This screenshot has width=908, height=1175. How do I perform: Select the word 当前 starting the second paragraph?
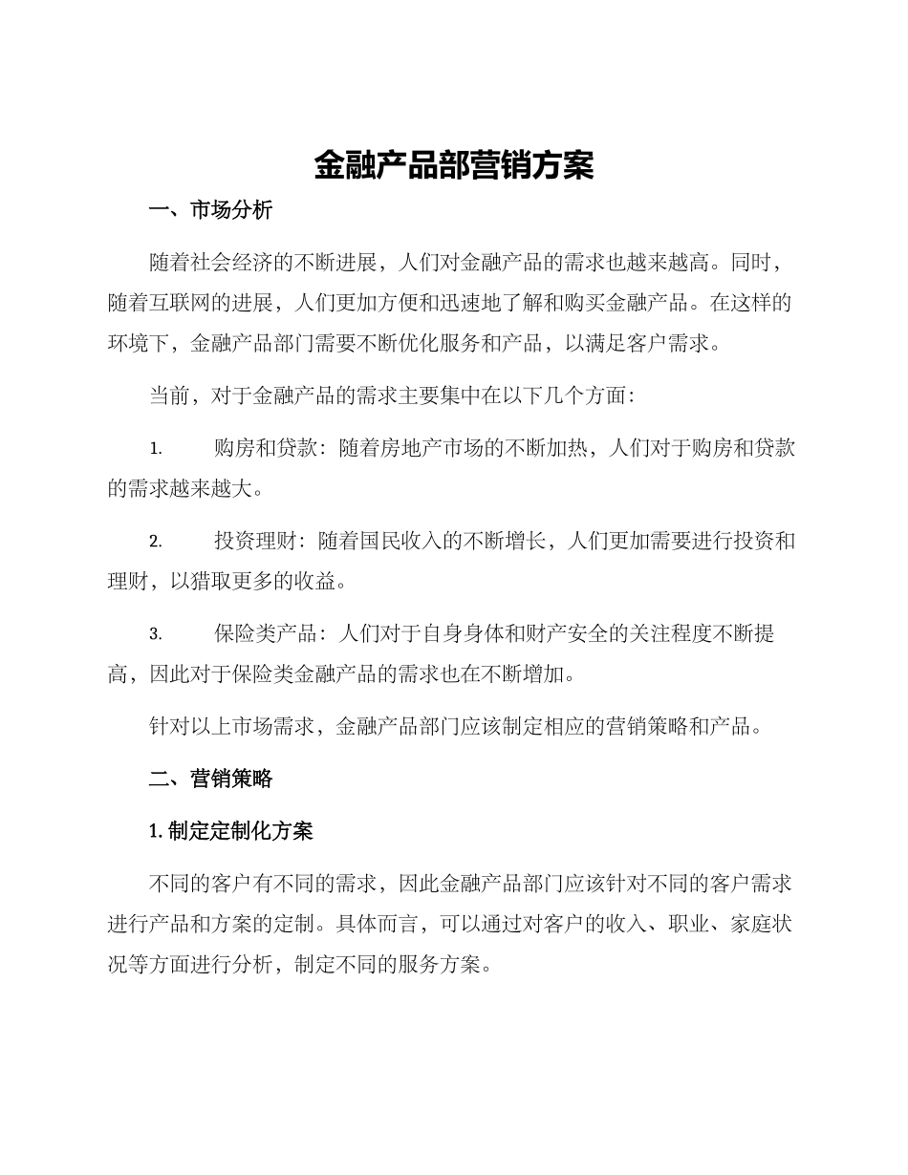pyautogui.click(x=170, y=395)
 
